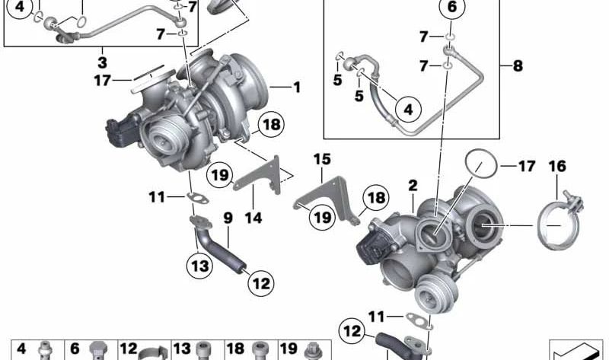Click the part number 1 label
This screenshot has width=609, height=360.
(x=297, y=88)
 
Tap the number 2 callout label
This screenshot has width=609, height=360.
(x=412, y=185)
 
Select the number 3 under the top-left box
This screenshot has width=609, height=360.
(x=102, y=59)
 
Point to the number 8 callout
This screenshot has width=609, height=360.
(x=518, y=66)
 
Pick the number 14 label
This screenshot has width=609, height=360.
(x=253, y=218)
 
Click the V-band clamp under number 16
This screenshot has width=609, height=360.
(x=560, y=221)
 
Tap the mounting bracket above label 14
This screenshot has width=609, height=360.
(x=263, y=174)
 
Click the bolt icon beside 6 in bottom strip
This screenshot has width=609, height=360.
(x=97, y=351)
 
